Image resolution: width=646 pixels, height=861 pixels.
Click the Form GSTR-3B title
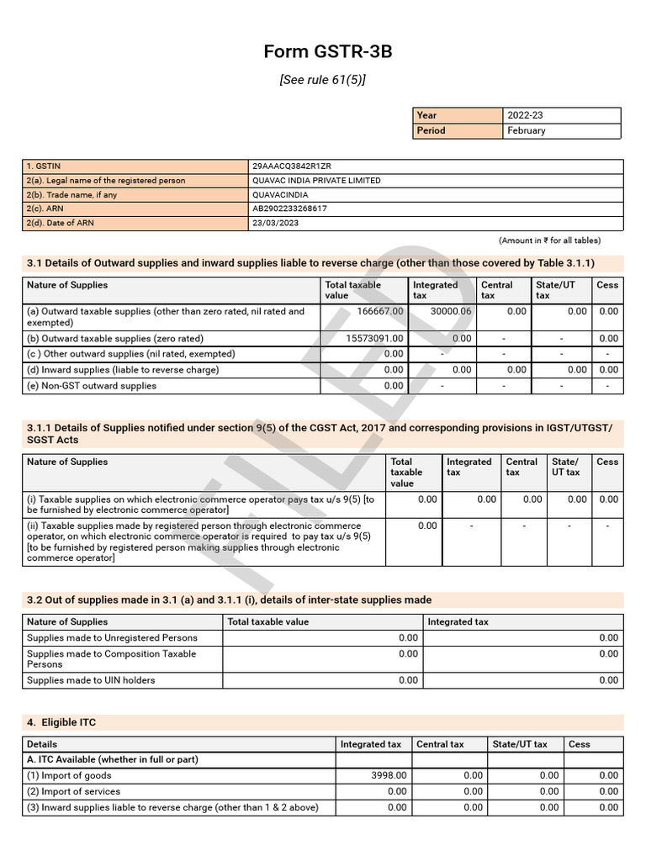pos(328,52)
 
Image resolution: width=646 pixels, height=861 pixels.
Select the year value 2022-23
pos(527,115)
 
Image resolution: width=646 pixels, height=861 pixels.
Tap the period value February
pos(527,130)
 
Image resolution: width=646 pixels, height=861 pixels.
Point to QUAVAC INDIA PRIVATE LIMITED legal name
pos(316,181)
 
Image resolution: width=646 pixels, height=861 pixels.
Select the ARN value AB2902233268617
pos(289,209)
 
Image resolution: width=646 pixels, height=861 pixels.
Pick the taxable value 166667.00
pos(380,311)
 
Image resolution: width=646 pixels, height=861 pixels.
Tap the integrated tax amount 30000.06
pos(451,311)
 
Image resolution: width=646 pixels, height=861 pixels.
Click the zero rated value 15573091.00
pos(375,339)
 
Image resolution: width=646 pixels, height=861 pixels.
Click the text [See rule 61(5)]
pos(323,80)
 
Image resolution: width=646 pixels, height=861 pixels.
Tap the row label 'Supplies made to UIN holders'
pos(91,680)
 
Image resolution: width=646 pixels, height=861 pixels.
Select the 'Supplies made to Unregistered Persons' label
pos(112,638)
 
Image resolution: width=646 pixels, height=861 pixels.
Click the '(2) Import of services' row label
pos(73,791)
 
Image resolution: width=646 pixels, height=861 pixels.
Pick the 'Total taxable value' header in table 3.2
pos(268,622)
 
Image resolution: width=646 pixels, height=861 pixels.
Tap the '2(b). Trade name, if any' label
pos(72,195)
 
